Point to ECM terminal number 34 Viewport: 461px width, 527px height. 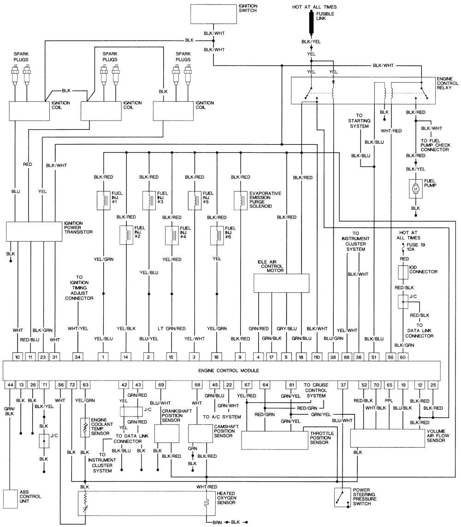(78, 357)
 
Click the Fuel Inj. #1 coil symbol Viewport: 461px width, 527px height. (102, 200)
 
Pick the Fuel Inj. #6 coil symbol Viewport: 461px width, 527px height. (216, 235)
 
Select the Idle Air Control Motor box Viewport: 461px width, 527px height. (281, 283)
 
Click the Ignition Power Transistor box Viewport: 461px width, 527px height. (35, 231)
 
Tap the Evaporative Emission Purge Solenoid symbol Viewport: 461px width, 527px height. (241, 200)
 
